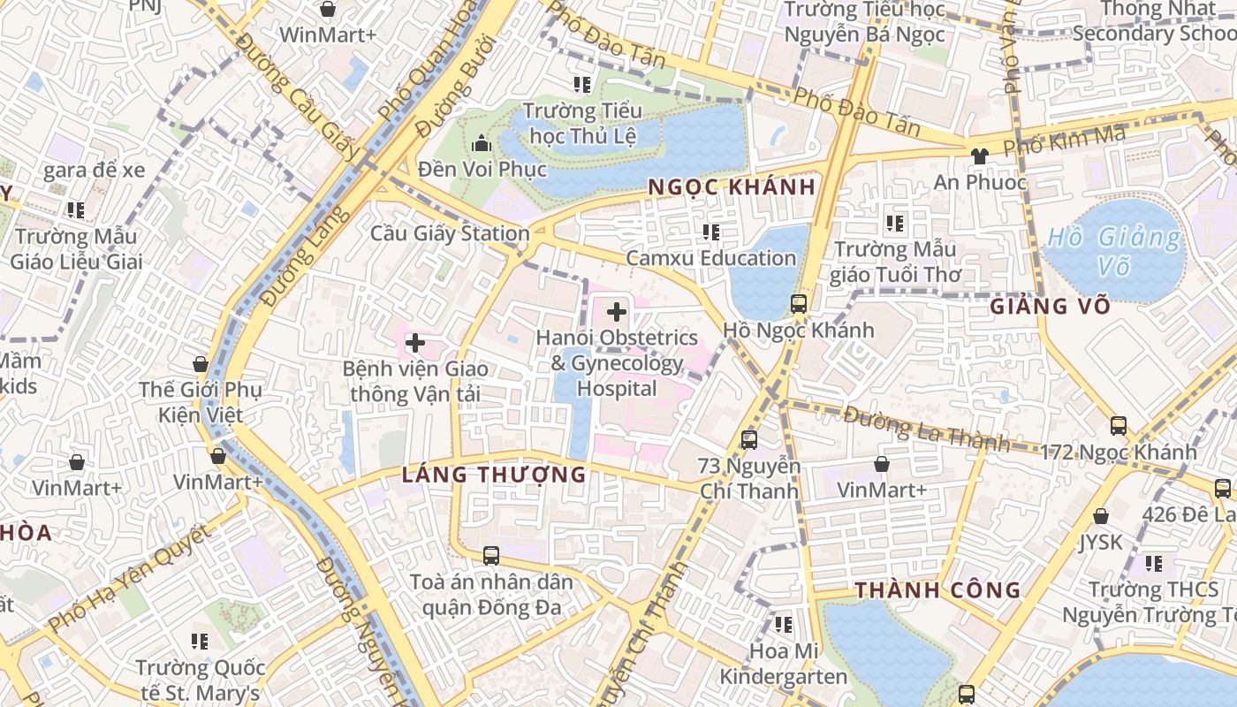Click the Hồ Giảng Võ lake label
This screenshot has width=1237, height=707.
pyautogui.click(x=1113, y=251)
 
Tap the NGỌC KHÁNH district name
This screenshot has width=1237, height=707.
pyautogui.click(x=732, y=187)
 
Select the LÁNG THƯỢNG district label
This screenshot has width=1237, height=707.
pyautogui.click(x=494, y=475)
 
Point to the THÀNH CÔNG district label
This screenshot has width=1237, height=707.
pyautogui.click(x=937, y=590)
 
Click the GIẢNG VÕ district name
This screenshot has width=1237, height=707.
pyautogui.click(x=1049, y=307)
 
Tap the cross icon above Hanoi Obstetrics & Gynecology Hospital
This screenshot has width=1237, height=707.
pyautogui.click(x=617, y=312)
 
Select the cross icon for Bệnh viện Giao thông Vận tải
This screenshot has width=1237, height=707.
pyautogui.click(x=414, y=343)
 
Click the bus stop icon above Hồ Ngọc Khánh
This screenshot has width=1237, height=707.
pyautogui.click(x=799, y=304)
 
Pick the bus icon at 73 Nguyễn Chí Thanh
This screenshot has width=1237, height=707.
pyautogui.click(x=749, y=439)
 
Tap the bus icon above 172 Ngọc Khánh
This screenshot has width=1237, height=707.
pyautogui.click(x=1119, y=426)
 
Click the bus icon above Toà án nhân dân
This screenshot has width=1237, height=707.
pyautogui.click(x=491, y=556)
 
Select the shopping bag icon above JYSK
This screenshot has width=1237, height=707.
pyautogui.click(x=1101, y=516)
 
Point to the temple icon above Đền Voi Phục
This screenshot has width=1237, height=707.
pyautogui.click(x=482, y=142)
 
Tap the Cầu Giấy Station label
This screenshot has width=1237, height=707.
pyautogui.click(x=450, y=234)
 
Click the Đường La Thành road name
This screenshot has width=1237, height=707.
pyautogui.click(x=926, y=429)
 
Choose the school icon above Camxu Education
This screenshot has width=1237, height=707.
pyautogui.click(x=710, y=232)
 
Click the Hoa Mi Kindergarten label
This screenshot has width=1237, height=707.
pyautogui.click(x=783, y=664)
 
